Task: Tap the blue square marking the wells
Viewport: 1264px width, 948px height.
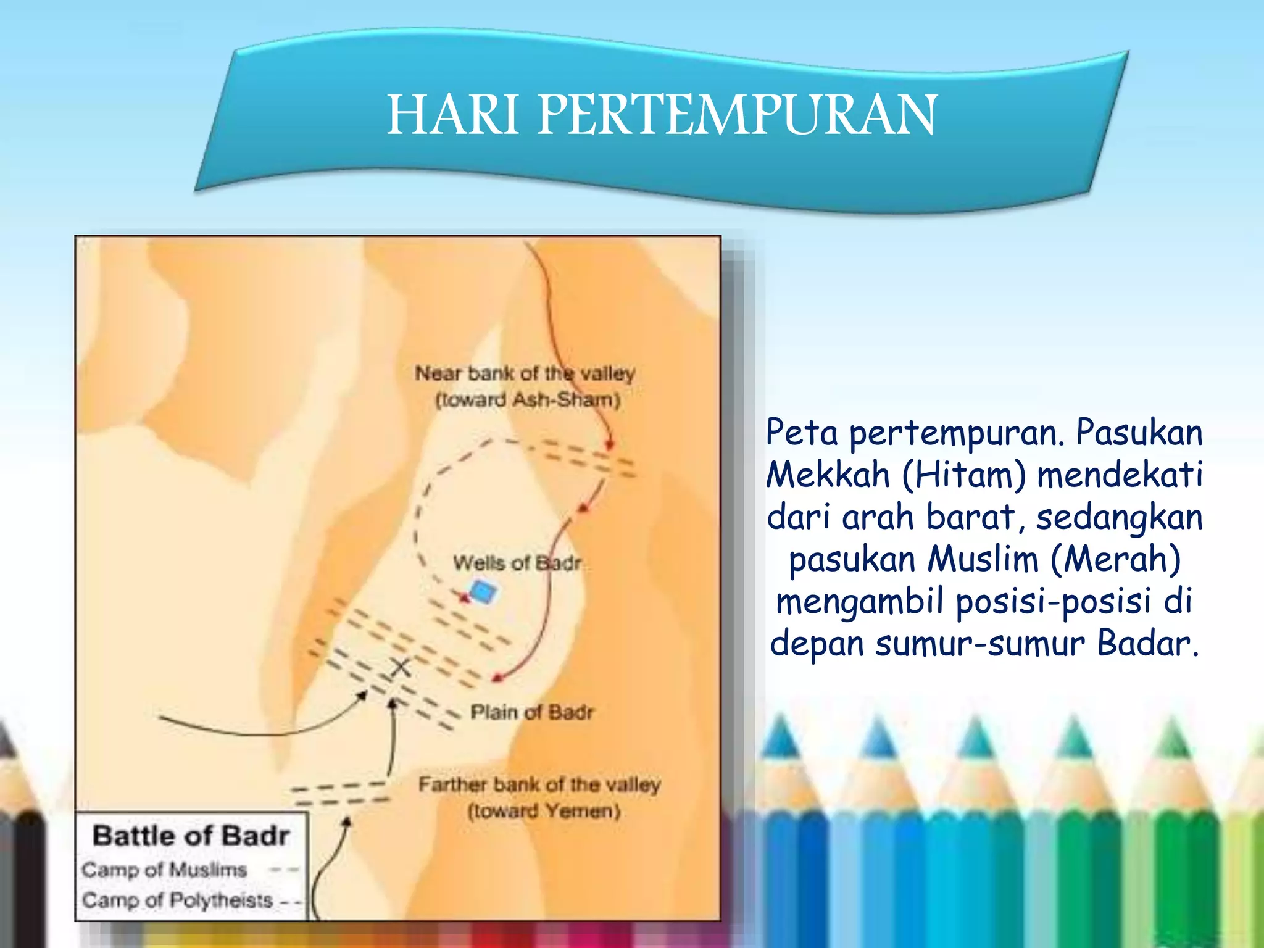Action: [x=483, y=592]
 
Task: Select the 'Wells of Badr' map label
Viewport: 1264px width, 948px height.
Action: [x=517, y=563]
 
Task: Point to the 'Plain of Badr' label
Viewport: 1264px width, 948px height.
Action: [x=531, y=712]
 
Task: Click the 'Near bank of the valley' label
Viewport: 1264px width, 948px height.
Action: [x=525, y=373]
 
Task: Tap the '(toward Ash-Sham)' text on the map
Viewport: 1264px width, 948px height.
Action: [x=528, y=400]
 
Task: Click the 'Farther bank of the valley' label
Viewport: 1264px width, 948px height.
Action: [x=539, y=784]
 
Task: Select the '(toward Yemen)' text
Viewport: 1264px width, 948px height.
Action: [x=544, y=810]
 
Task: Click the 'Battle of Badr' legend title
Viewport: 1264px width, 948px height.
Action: [x=191, y=836]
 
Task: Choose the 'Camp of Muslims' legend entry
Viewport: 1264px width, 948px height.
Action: [x=164, y=870]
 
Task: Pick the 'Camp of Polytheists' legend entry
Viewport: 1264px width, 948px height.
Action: [x=177, y=900]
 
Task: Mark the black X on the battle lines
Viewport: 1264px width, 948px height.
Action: [x=401, y=667]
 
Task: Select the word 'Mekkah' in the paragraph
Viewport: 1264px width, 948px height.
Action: [x=828, y=475]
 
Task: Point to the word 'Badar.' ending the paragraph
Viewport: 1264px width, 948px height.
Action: [x=1148, y=644]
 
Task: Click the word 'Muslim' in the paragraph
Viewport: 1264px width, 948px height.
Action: [x=983, y=559]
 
